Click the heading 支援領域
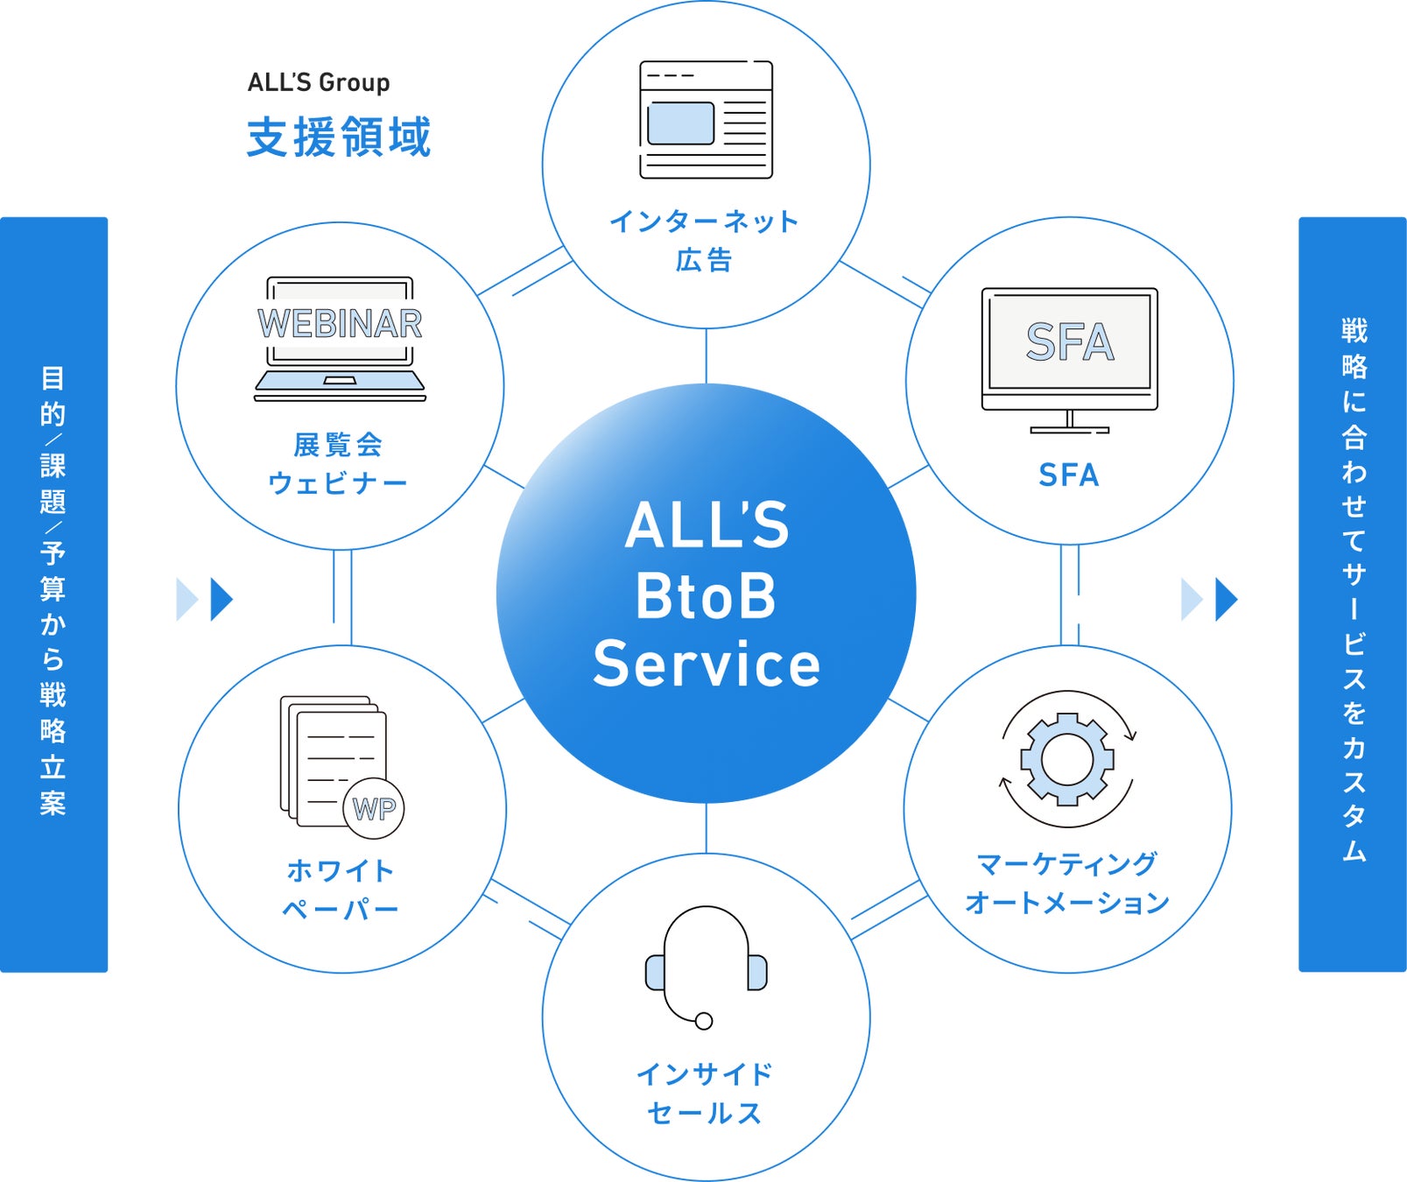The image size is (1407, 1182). pyautogui.click(x=339, y=137)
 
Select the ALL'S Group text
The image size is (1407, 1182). pyautogui.click(x=319, y=82)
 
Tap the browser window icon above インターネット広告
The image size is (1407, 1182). pyautogui.click(x=706, y=120)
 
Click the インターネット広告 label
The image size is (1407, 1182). pyautogui.click(x=705, y=240)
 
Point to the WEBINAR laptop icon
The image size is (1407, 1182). pyautogui.click(x=340, y=339)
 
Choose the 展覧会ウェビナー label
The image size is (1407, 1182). pyautogui.click(x=338, y=463)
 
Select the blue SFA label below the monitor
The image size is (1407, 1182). pyautogui.click(x=1068, y=475)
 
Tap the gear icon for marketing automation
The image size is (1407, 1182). pyautogui.click(x=1067, y=758)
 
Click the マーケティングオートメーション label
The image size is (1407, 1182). pyautogui.click(x=1067, y=883)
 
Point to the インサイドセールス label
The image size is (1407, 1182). pyautogui.click(x=705, y=1094)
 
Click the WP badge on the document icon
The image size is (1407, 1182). pyautogui.click(x=375, y=808)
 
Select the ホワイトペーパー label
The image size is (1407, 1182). pyautogui.click(x=341, y=890)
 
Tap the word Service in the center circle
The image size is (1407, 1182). pyautogui.click(x=707, y=665)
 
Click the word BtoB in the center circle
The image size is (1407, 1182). pyautogui.click(x=706, y=596)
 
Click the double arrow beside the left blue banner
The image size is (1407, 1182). pyautogui.click(x=205, y=600)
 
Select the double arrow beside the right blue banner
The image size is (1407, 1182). pyautogui.click(x=1209, y=600)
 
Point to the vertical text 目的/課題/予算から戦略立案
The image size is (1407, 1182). pyautogui.click(x=53, y=592)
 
